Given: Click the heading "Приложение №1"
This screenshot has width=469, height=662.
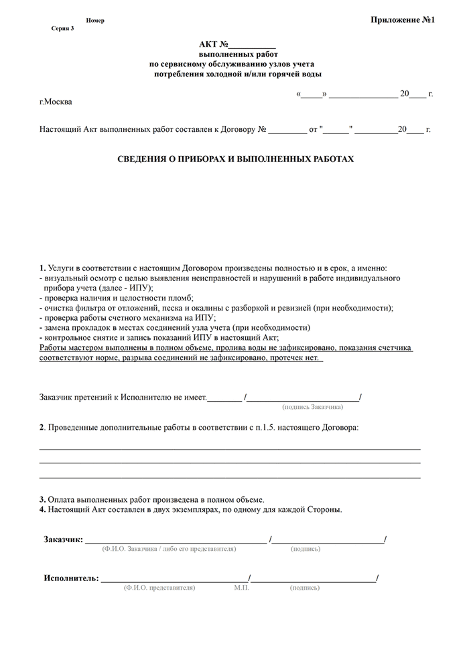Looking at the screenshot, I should tap(403, 20).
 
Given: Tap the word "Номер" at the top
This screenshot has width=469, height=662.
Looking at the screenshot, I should tap(95, 21).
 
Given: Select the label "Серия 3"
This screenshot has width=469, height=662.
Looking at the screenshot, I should tap(62, 29).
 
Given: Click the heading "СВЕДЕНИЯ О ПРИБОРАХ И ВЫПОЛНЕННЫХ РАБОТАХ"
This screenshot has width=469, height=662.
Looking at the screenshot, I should tap(234, 160).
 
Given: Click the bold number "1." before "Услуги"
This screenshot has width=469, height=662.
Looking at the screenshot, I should tap(43, 268).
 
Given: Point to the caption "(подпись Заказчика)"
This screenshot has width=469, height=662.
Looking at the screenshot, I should tap(313, 406).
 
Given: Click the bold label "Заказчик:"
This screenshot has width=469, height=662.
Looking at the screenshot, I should tap(63, 540).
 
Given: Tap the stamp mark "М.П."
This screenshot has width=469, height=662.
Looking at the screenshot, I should tap(241, 588).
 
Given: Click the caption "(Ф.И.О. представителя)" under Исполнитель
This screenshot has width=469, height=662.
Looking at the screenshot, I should tap(159, 588).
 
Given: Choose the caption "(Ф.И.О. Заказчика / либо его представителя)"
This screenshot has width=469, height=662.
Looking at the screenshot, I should tap(169, 549).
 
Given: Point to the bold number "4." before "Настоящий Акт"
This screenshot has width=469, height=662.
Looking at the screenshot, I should tap(42, 509).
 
